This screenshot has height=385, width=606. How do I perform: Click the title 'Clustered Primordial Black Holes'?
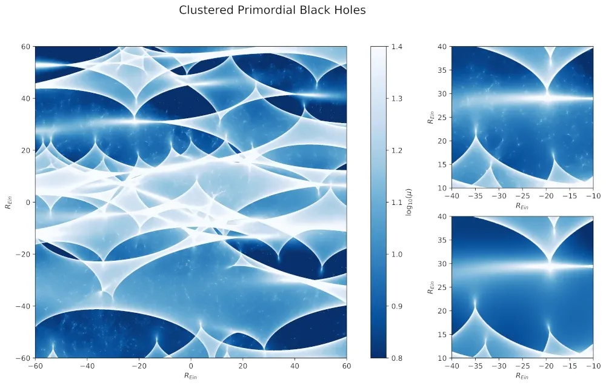point(272,10)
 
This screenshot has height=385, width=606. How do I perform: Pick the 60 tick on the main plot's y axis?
point(25,46)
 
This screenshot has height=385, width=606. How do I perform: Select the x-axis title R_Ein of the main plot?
point(191,377)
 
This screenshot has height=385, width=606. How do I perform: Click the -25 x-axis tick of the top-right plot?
point(522,196)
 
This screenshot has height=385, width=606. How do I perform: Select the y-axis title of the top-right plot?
point(430,117)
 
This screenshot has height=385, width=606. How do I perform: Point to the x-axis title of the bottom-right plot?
point(522,377)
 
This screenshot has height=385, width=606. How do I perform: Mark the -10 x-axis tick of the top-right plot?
point(592,196)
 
